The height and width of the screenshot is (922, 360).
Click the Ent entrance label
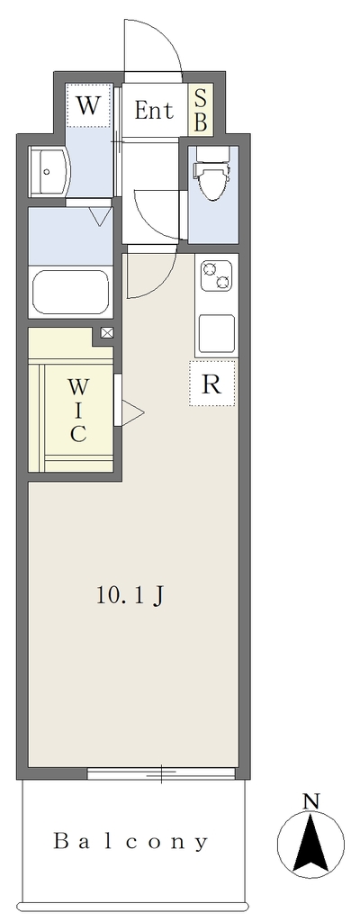(x=154, y=111)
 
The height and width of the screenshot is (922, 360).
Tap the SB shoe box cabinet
(x=200, y=111)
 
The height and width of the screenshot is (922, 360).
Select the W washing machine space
(x=88, y=106)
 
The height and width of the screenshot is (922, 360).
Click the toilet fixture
(x=212, y=174)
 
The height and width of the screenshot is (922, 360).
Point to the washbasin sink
(x=49, y=172)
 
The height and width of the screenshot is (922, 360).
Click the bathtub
(x=72, y=293)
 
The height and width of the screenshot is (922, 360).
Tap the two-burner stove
(x=216, y=276)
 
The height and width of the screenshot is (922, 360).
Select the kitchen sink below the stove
(x=217, y=333)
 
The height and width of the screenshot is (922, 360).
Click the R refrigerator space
(x=211, y=384)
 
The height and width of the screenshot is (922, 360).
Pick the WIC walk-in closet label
(x=78, y=411)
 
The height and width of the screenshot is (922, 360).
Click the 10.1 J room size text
(x=130, y=596)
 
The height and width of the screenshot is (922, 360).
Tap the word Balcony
(x=131, y=842)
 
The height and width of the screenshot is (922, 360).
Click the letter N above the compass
(x=310, y=800)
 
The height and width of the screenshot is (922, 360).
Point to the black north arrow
(x=310, y=842)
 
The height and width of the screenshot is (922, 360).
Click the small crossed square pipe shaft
(x=108, y=333)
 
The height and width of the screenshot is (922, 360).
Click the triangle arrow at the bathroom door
(x=99, y=216)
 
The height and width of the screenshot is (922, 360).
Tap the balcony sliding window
(x=161, y=773)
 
